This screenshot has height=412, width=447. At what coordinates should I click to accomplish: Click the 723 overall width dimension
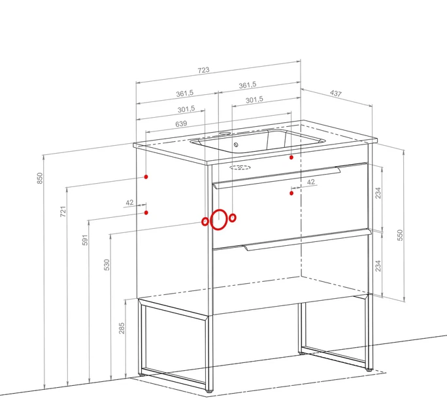203,70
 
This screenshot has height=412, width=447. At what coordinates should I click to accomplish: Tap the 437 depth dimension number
336,94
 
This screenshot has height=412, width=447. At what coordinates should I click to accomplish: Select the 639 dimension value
181,124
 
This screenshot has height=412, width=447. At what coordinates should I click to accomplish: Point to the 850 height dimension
40,178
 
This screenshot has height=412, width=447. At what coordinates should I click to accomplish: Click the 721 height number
63,211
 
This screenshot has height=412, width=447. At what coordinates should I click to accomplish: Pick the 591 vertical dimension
85,240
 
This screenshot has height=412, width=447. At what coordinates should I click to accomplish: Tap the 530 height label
107,265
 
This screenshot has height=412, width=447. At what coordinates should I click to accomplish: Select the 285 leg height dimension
122,328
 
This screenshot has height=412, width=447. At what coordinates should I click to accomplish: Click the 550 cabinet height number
400,235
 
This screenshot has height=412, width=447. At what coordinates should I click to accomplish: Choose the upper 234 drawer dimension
378,193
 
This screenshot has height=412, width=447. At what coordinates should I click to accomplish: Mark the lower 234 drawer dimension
378,266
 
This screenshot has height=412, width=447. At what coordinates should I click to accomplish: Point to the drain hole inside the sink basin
236,145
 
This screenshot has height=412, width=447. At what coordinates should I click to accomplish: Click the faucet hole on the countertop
225,133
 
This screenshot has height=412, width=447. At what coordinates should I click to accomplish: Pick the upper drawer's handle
276,177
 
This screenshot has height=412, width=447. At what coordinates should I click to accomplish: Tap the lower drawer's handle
308,240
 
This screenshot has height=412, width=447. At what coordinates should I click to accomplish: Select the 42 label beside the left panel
129,203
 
